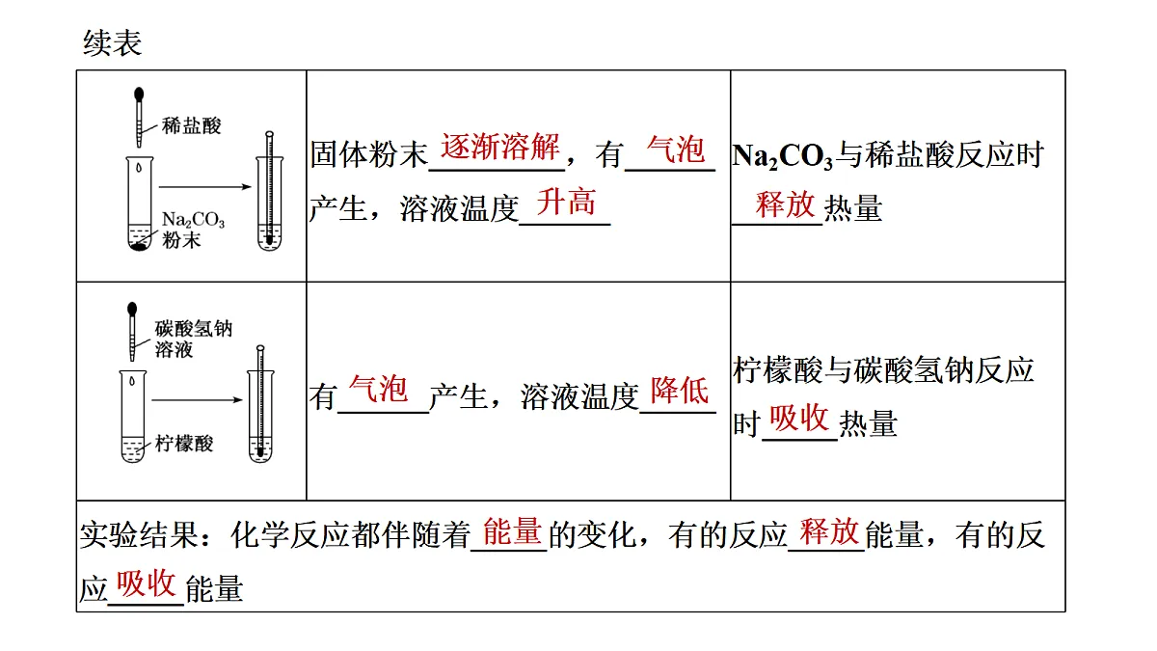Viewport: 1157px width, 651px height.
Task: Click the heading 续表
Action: pos(112,42)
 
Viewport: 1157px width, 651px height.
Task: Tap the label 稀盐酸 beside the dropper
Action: pos(191,125)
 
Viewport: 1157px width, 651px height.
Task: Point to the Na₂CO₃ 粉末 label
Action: pos(193,230)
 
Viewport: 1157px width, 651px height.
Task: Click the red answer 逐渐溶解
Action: pos(499,147)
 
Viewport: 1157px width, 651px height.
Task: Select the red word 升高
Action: pos(566,202)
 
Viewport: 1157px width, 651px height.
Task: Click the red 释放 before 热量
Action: pos(785,204)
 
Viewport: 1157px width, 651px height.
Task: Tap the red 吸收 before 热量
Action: pos(799,418)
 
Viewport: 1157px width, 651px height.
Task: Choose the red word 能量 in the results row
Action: pos(512,531)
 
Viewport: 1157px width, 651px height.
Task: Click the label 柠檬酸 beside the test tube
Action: pos(184,444)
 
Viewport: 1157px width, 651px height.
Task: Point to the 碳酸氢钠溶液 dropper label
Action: pos(193,339)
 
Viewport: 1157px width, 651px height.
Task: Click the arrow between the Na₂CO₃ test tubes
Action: pos(205,186)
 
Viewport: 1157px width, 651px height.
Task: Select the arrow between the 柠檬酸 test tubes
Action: pos(198,399)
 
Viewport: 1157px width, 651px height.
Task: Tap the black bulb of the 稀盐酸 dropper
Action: pos(139,95)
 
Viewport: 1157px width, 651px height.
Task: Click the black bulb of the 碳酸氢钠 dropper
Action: pos(132,309)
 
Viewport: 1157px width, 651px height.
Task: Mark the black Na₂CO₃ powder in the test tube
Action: pos(139,247)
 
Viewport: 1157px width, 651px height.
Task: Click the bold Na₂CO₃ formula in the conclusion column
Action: pos(783,156)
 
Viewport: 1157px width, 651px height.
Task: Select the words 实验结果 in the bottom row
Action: pos(139,534)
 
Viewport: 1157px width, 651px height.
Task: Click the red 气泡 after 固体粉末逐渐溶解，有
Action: pos(676,149)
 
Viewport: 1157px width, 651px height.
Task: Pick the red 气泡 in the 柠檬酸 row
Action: pos(378,389)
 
